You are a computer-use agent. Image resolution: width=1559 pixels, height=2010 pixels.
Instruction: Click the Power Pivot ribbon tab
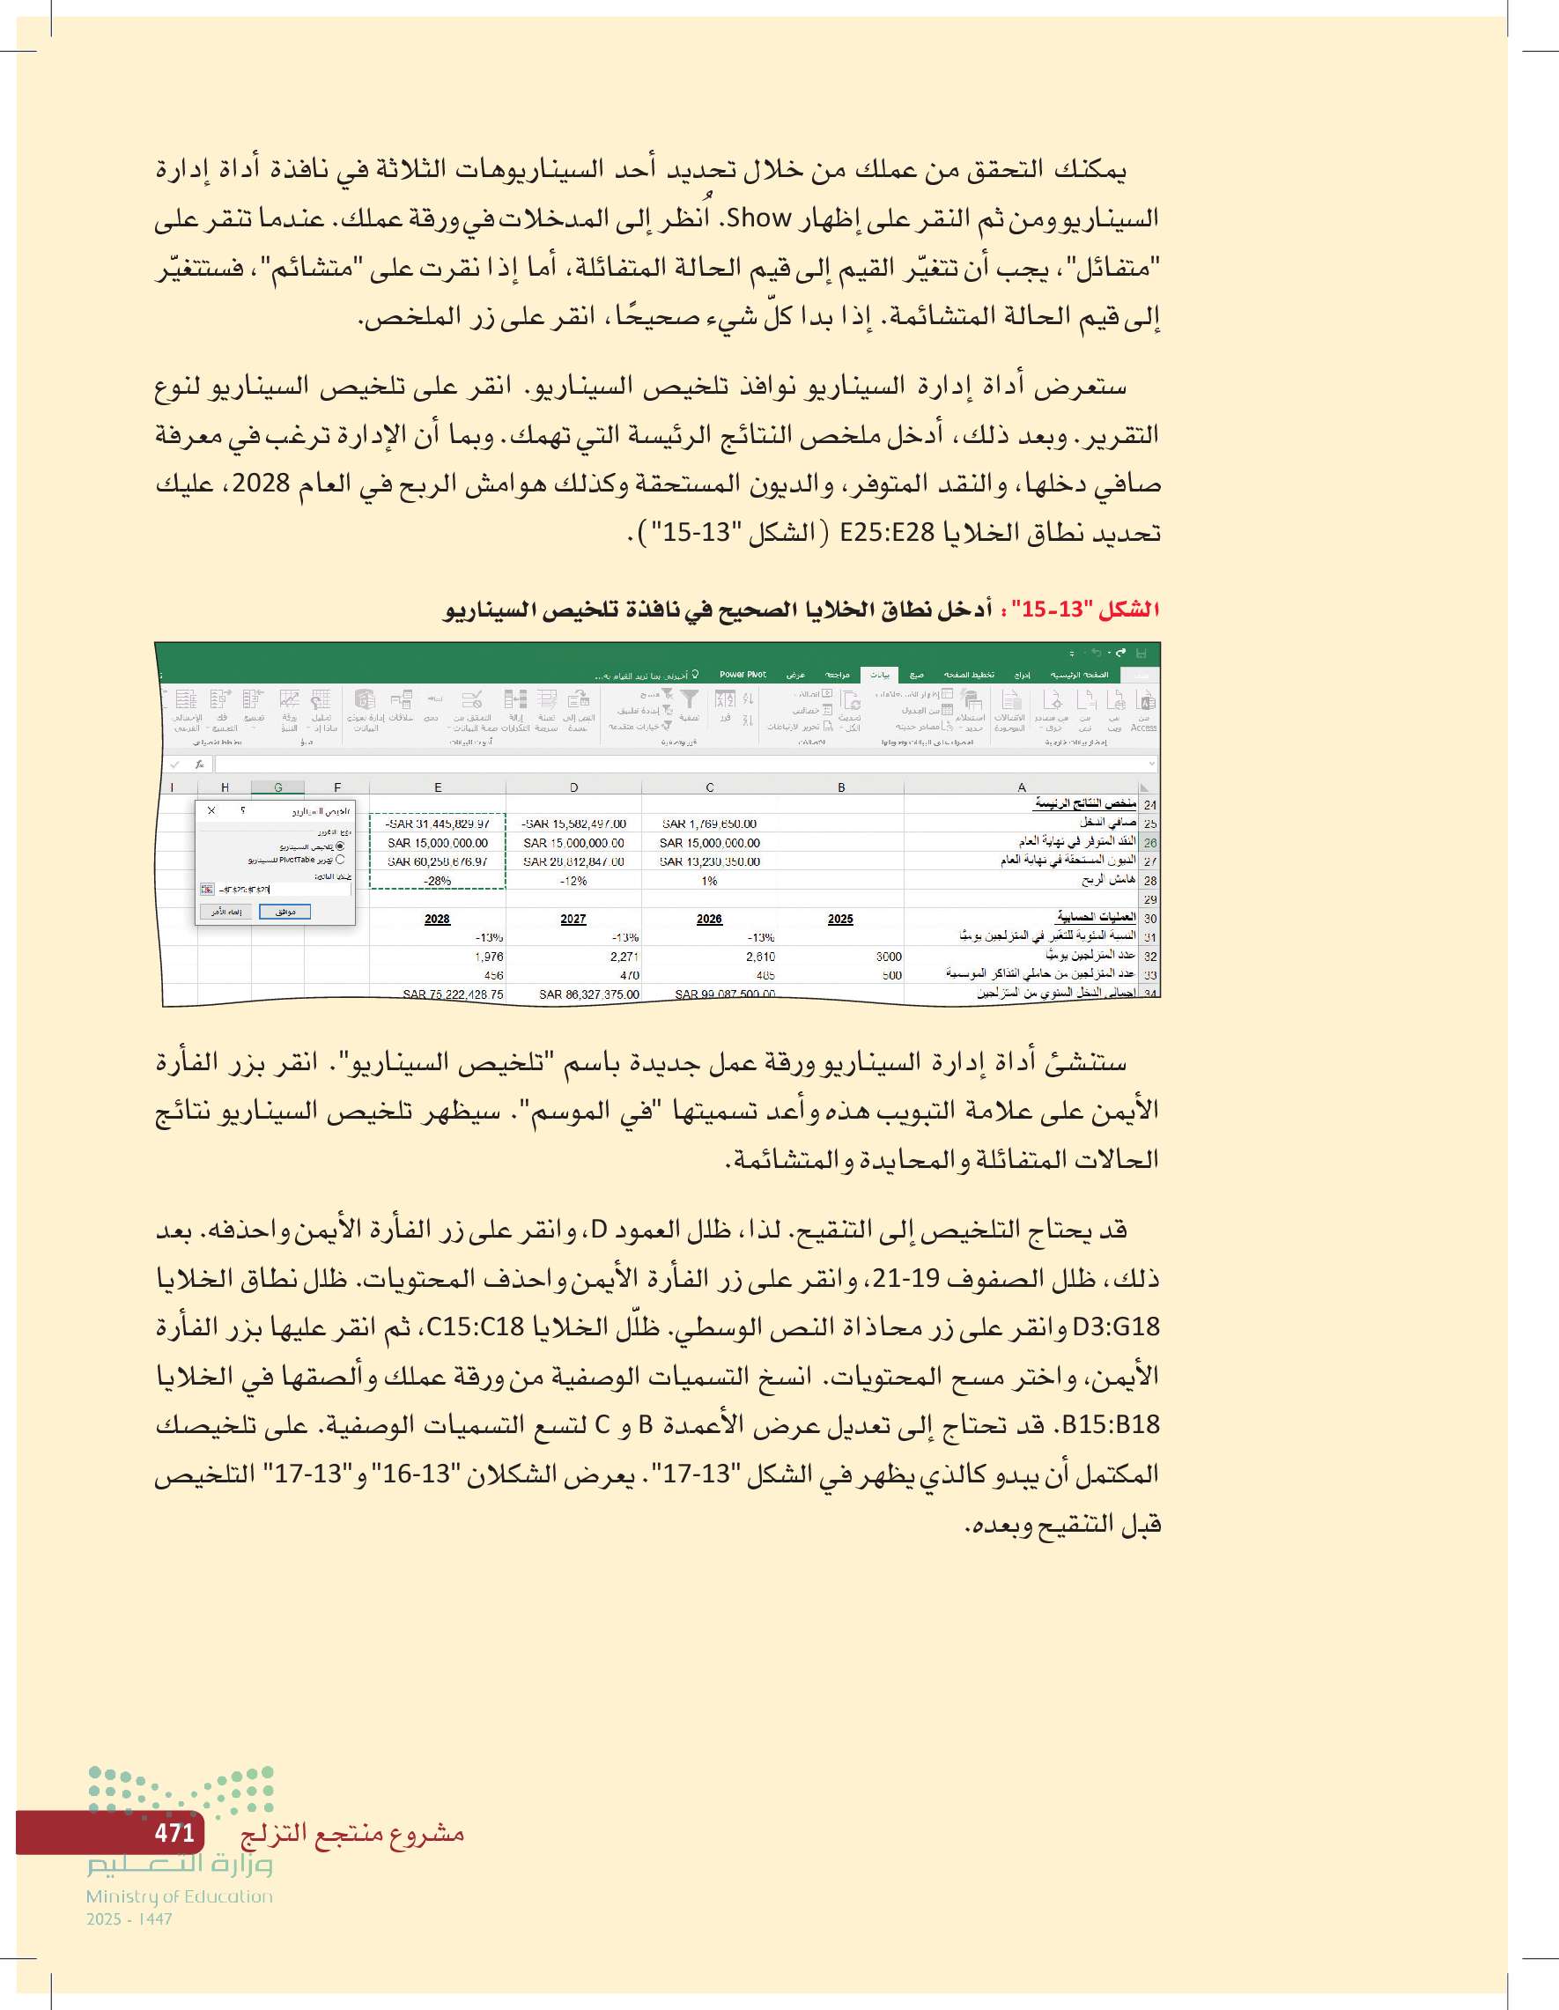[742, 675]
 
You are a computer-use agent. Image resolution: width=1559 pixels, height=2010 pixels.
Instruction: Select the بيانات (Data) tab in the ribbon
[880, 675]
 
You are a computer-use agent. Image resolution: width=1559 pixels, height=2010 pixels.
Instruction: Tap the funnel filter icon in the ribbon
[690, 700]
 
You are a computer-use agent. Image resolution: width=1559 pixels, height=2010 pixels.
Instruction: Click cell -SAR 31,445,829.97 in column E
[438, 824]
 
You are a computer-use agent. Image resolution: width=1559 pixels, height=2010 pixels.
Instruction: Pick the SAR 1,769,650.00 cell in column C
[709, 824]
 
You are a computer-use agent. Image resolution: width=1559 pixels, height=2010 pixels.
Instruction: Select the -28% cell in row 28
[438, 881]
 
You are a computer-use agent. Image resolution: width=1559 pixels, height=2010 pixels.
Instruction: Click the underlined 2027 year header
[573, 919]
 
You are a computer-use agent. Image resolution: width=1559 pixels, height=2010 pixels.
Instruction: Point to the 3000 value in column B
[888, 957]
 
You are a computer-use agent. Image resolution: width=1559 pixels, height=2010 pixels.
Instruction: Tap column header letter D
[573, 787]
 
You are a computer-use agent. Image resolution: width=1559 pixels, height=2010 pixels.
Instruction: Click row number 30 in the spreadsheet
[1149, 919]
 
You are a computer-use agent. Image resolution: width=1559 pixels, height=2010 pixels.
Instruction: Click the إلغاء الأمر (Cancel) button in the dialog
[226, 911]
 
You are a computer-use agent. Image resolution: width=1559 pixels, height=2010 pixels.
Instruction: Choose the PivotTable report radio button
[340, 860]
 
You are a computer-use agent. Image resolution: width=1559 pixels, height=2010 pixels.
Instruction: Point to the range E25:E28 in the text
[887, 532]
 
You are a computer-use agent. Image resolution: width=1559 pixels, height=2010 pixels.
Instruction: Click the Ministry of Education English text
[180, 1895]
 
